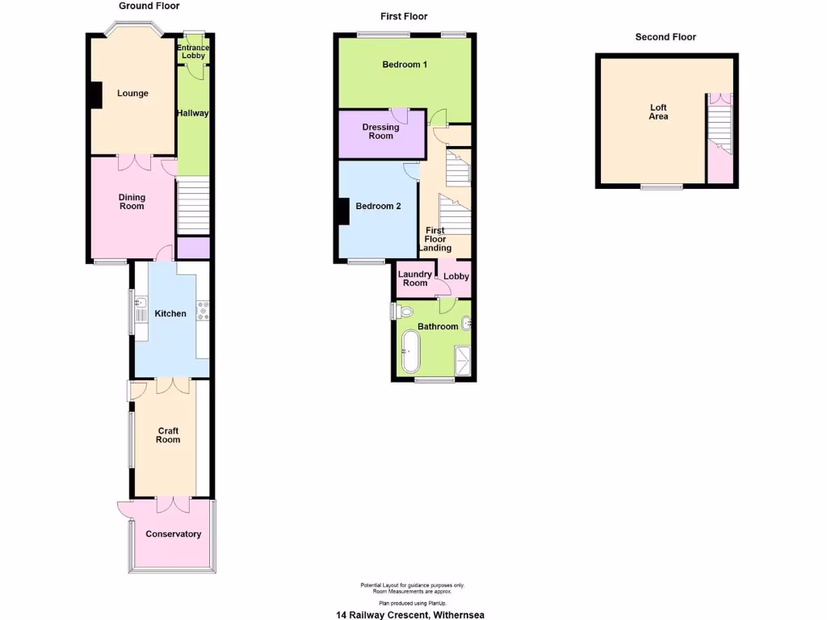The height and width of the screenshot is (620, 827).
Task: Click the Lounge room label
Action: (132, 94)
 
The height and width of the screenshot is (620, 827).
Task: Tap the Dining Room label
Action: (132, 201)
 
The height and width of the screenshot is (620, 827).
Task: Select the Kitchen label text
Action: (170, 314)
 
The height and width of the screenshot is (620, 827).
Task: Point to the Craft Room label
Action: (168, 435)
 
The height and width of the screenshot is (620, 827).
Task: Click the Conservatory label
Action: (173, 534)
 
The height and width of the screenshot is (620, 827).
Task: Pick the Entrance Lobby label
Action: (193, 52)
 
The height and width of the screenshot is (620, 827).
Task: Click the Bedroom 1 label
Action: (405, 65)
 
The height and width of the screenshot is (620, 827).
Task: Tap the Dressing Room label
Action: (380, 132)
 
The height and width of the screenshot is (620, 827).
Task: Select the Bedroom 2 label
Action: (378, 207)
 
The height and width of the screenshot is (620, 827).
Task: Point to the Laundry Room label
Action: (415, 279)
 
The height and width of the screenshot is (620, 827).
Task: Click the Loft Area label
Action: (658, 112)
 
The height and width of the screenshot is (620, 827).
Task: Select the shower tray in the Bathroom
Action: (464, 361)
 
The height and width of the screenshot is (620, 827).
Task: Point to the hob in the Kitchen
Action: (204, 310)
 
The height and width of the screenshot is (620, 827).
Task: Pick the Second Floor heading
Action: (665, 37)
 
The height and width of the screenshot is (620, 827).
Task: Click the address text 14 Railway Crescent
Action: (410, 614)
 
